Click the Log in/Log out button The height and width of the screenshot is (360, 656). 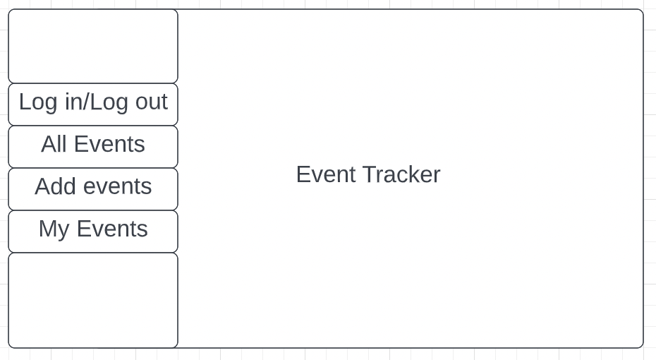tap(93, 104)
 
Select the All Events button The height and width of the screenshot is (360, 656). tap(93, 147)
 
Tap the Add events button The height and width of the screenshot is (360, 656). tap(93, 188)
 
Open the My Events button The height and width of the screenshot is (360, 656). tap(93, 231)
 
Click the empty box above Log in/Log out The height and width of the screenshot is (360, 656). tap(93, 46)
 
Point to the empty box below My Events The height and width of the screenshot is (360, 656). tap(93, 300)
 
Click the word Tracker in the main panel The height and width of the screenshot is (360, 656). tap(401, 174)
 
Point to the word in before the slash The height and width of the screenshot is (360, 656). tap(73, 102)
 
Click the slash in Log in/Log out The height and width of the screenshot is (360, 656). tap(87, 102)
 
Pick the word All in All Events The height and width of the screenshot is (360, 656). tap(54, 144)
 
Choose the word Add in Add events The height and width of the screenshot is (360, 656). tap(56, 186)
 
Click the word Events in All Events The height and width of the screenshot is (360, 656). tap(109, 144)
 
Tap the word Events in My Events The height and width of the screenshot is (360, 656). tap(112, 229)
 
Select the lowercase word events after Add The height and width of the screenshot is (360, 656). tap(118, 186)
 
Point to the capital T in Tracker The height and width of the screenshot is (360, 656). tap(369, 174)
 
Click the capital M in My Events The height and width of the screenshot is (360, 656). tap(47, 229)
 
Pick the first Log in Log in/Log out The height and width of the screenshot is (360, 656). tap(38, 103)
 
